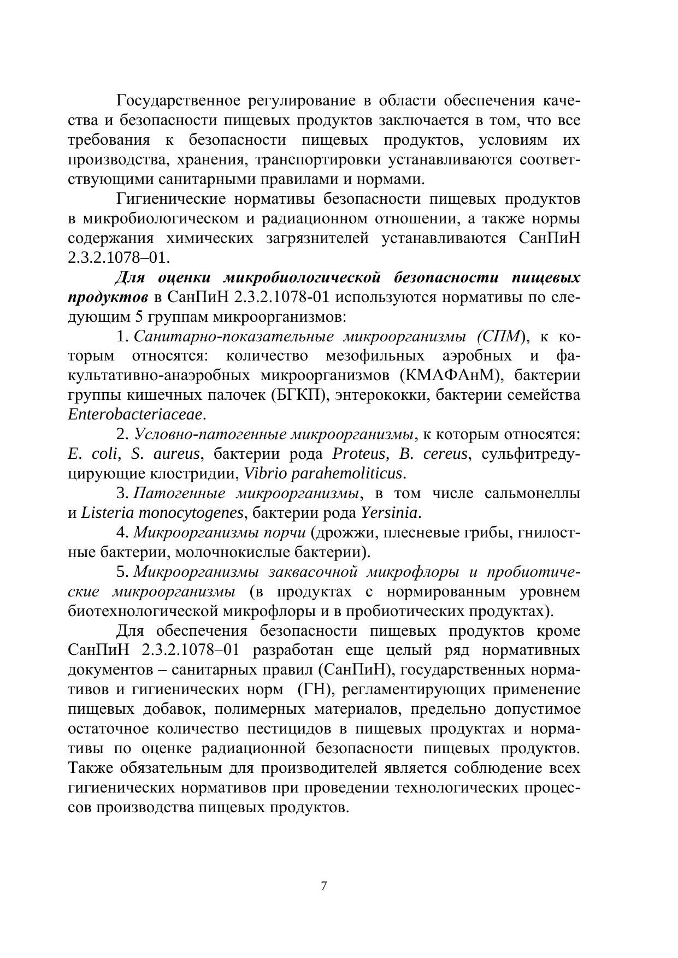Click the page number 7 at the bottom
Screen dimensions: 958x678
[324, 886]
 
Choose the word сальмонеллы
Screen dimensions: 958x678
[532, 493]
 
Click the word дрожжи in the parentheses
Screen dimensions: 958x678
[342, 533]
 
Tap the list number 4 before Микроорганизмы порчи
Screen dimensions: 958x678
[121, 533]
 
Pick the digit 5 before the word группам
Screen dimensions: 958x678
[138, 317]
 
